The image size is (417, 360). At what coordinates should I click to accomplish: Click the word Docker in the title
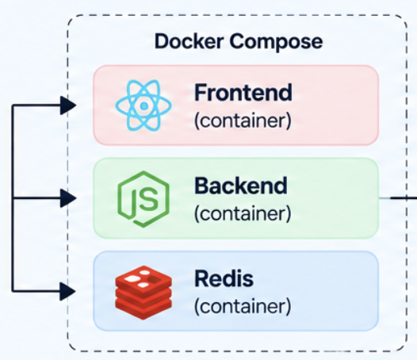coord(189,41)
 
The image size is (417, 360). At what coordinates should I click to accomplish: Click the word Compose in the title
coord(276,42)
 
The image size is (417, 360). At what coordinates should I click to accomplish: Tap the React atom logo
coord(143,105)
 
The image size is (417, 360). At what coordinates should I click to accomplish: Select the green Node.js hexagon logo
coord(143,199)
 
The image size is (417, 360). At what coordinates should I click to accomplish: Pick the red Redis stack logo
coord(143,293)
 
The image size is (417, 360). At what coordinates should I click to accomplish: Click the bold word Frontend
coord(243,93)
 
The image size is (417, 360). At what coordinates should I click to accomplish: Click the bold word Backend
coord(241,186)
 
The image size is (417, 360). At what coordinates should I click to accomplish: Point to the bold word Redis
coord(224,278)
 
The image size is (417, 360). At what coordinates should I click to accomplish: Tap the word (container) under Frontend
coord(243,121)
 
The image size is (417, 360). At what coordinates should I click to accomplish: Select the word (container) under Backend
coord(243,213)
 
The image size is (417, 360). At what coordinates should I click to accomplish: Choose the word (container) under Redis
coord(243,307)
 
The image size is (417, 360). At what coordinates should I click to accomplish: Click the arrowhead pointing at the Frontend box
coord(68,105)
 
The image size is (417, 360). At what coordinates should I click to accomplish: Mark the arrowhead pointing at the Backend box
coord(68,198)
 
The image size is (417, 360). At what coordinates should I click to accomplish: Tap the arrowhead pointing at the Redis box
coord(68,292)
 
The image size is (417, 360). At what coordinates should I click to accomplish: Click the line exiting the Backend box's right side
coord(398,198)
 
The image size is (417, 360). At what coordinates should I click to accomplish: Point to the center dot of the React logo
coord(143,105)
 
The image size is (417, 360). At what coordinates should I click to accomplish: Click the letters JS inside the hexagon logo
coord(145,200)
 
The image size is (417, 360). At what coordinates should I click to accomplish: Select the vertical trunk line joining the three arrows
coord(13,198)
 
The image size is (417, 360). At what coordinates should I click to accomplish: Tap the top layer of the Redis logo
coord(143,278)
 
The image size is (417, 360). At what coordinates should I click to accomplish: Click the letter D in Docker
coord(163,41)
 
